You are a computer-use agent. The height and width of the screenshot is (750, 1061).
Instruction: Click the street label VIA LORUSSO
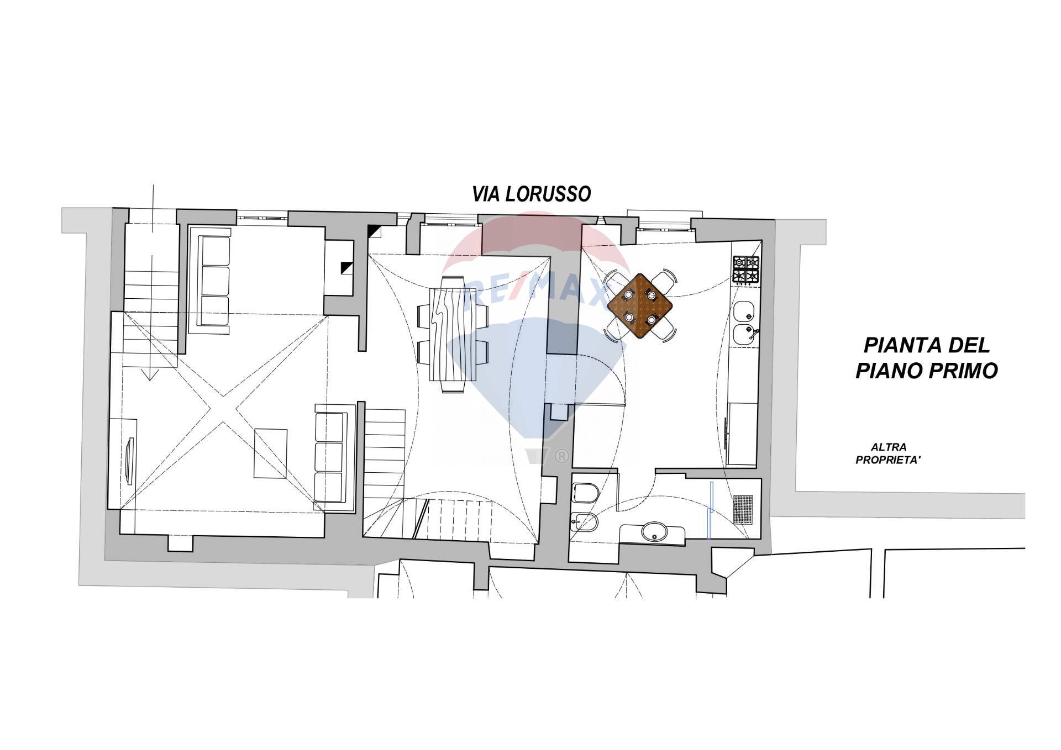[531, 194]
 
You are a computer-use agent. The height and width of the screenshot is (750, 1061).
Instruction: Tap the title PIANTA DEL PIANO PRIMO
[927, 358]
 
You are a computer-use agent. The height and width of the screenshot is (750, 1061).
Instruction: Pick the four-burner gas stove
[746, 270]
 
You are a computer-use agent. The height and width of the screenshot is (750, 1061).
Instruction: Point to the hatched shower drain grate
[743, 509]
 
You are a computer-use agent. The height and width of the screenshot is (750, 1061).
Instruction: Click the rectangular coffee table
[271, 453]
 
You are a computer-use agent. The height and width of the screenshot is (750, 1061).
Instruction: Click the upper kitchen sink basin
[744, 312]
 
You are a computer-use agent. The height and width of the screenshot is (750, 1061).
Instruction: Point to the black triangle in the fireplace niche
[346, 267]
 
